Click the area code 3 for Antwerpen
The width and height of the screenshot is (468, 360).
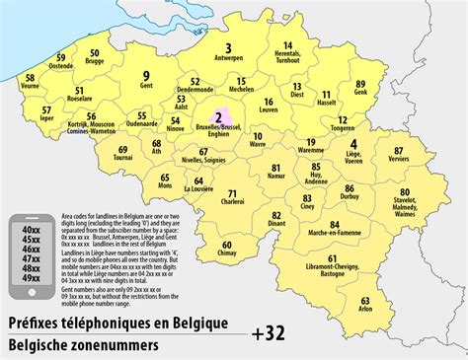tap(228, 46)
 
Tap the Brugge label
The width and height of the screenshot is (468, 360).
tap(95, 62)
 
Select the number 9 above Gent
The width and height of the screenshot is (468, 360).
tap(146, 75)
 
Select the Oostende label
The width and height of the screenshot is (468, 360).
tap(61, 66)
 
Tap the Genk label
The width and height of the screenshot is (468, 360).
tap(359, 92)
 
